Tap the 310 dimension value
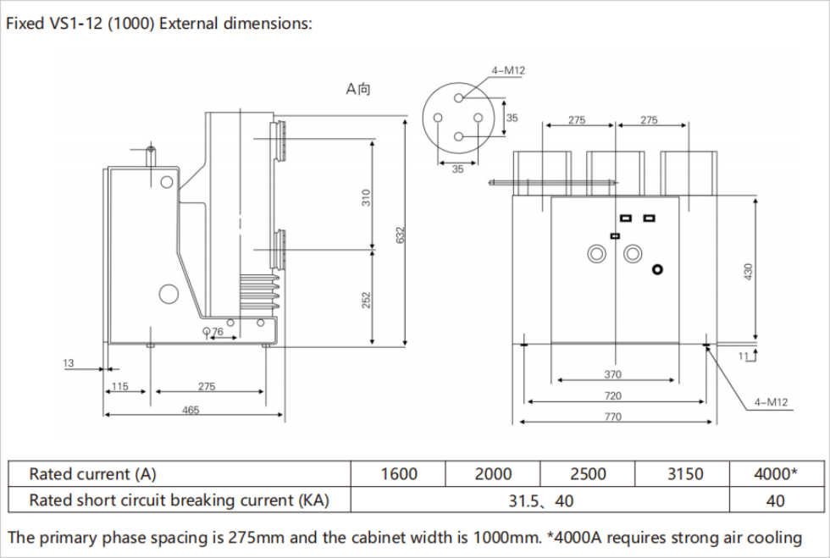click(x=367, y=197)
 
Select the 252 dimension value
click(x=367, y=299)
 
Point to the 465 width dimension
click(x=191, y=410)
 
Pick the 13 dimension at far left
click(x=69, y=363)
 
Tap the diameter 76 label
click(x=213, y=332)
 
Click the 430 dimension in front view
click(x=748, y=271)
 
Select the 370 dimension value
click(x=612, y=374)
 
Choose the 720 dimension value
click(x=612, y=395)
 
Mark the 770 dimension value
click(x=612, y=417)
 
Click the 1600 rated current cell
click(x=398, y=474)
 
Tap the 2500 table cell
click(x=588, y=474)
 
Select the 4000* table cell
click(x=775, y=474)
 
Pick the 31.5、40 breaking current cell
click(x=540, y=500)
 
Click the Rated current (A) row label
click(x=93, y=474)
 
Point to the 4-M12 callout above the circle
click(x=508, y=70)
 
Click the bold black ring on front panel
click(x=657, y=269)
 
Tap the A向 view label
click(x=358, y=88)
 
